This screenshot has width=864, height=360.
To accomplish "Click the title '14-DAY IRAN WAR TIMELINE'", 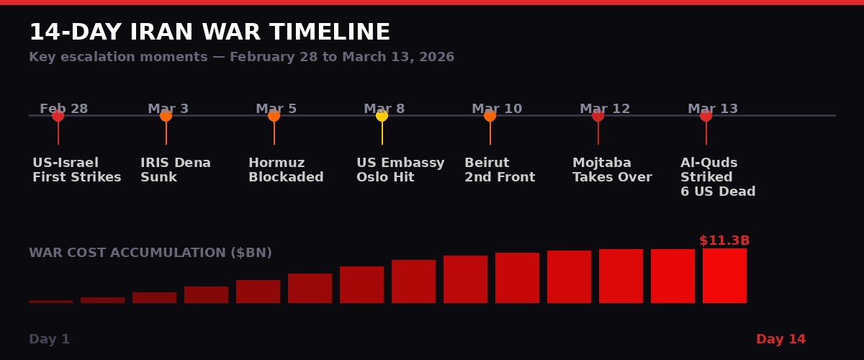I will tap(210, 32).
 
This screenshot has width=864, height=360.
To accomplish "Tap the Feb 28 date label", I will tap(64, 109).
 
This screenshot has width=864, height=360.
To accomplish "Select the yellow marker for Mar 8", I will tap(382, 116).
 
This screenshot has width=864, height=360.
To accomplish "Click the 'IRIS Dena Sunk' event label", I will tap(176, 170).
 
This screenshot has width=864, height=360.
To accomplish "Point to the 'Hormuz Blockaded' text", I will tap(286, 170).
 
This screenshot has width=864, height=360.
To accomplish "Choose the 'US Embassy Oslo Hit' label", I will tap(400, 170).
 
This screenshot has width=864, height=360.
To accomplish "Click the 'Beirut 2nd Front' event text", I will tap(500, 170).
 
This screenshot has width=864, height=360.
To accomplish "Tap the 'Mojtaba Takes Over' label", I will tap(612, 170).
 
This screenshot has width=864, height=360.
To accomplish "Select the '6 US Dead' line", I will tap(718, 192).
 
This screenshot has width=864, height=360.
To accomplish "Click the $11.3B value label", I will tap(724, 240).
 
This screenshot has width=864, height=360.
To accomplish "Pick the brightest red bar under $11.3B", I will tap(724, 276).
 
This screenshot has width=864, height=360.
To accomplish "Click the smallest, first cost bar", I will tap(50, 301).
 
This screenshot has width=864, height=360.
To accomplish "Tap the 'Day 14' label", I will tap(780, 339).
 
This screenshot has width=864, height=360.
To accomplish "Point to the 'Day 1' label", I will tap(50, 339).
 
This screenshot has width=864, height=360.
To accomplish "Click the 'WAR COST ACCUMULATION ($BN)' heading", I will tap(150, 253).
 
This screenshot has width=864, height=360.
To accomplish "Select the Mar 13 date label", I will tap(713, 109).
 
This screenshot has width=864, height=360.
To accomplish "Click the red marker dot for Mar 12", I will tap(598, 116).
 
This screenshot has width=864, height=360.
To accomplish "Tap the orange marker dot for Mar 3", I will tap(166, 116).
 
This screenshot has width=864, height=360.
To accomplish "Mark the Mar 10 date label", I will tap(497, 109).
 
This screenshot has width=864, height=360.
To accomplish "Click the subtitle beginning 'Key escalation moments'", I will tap(241, 57).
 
